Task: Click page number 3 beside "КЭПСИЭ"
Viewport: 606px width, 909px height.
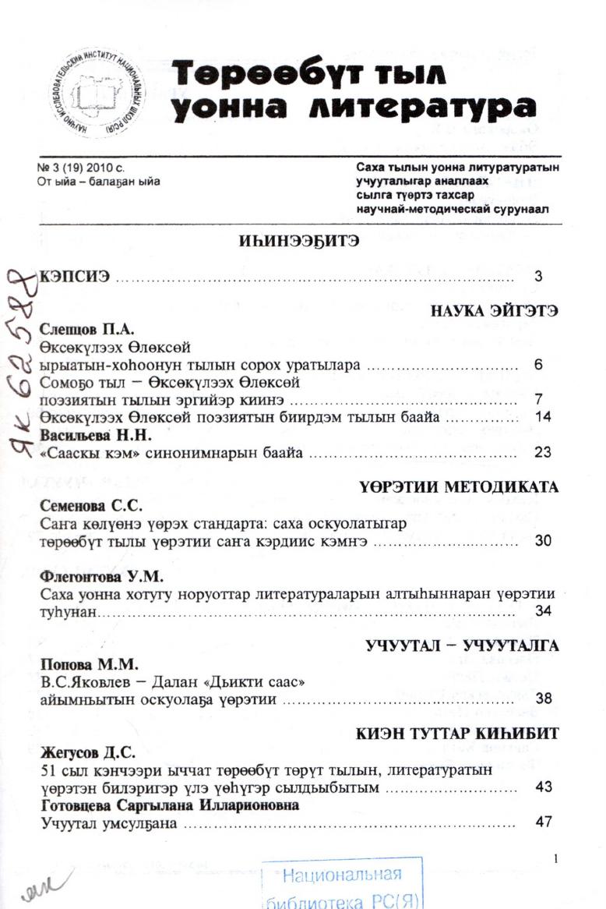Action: tap(538, 276)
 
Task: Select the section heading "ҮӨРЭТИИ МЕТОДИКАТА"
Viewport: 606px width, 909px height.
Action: tap(460, 487)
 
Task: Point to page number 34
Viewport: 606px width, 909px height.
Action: tap(543, 610)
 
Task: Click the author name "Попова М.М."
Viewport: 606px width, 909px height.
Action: tap(77, 664)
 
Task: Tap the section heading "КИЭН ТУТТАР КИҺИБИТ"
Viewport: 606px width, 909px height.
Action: tap(458, 735)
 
